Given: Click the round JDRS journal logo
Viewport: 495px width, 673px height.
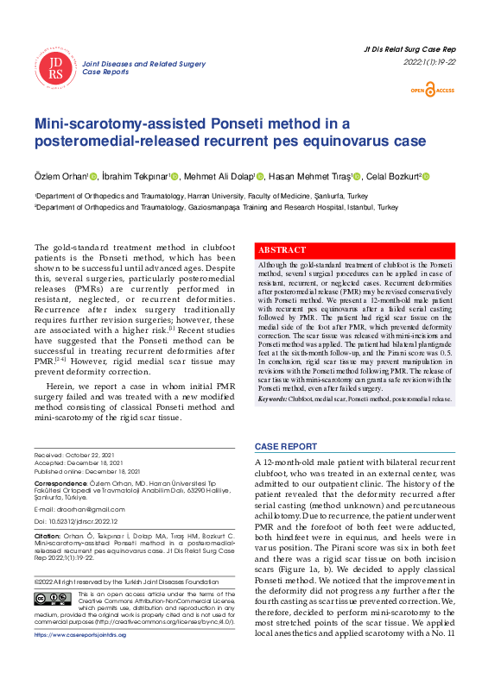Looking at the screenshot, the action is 56,68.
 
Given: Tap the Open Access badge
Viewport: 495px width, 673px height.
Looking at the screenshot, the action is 432,90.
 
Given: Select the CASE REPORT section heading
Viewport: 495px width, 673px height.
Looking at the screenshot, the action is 285,446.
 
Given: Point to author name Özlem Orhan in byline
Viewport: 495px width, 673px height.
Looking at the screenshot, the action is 60,177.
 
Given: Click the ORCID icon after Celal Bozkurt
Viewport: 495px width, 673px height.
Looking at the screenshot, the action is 425,177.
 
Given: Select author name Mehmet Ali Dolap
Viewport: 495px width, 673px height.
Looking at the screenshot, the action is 217,177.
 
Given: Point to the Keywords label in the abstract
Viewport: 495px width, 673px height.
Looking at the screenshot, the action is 272,399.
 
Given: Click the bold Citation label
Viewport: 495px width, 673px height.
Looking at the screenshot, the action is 48,537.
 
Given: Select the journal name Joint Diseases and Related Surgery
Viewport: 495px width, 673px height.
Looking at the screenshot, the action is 143,64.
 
